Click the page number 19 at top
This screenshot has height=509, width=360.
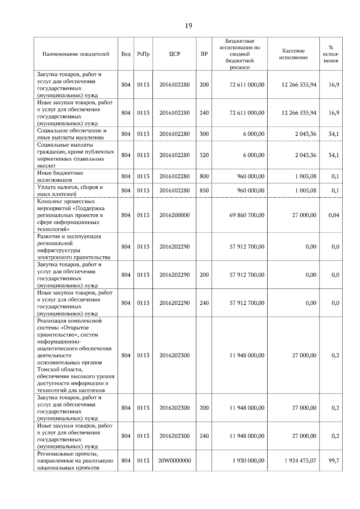click(x=188, y=26)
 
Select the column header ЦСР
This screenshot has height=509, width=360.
click(x=174, y=54)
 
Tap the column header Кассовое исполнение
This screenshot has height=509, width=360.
click(x=293, y=54)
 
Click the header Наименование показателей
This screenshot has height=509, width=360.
click(x=76, y=54)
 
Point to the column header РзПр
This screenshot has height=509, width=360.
click(x=143, y=54)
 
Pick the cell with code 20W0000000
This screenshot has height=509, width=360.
click(x=174, y=460)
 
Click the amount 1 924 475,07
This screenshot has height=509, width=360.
click(x=300, y=460)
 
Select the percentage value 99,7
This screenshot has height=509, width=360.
click(x=334, y=460)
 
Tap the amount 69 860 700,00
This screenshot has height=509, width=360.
click(x=247, y=215)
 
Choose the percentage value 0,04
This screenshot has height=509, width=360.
click(x=334, y=215)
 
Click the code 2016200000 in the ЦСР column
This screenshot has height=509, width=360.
click(x=174, y=215)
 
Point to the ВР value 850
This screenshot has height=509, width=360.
click(x=204, y=190)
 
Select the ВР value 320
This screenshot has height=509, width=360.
click(x=204, y=155)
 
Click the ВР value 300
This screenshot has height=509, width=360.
click(x=204, y=134)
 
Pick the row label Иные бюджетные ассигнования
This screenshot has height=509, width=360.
click(x=60, y=177)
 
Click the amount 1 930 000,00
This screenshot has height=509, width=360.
click(x=248, y=460)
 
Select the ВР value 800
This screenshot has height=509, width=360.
click(x=204, y=176)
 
